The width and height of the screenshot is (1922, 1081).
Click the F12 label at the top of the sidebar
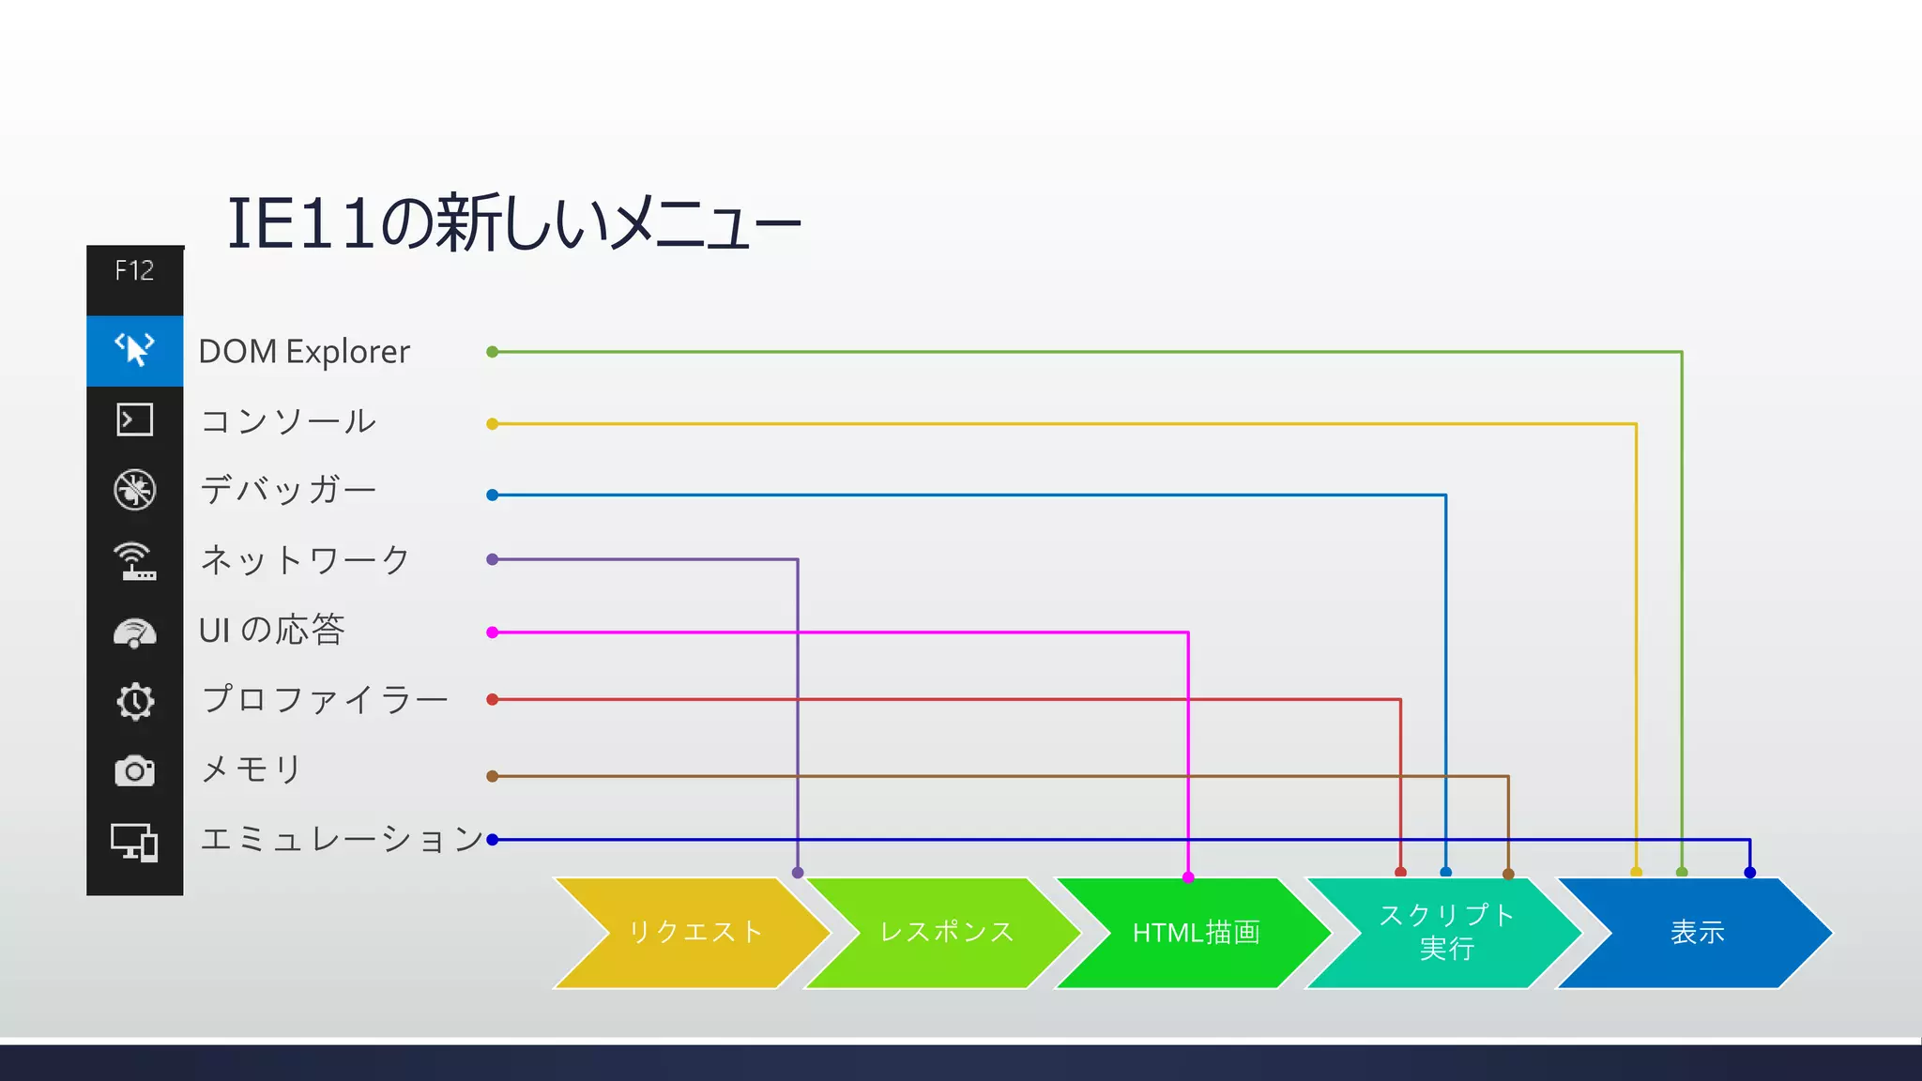[x=134, y=271]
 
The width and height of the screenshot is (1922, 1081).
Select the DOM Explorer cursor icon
[x=134, y=349]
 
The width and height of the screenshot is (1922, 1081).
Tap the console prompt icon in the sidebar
[x=134, y=419]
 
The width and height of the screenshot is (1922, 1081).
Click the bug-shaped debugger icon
[x=134, y=490]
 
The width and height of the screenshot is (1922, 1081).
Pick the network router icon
[x=134, y=561]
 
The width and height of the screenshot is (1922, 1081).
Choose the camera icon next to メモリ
[x=134, y=771]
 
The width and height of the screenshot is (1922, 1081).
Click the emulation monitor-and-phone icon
[x=134, y=842]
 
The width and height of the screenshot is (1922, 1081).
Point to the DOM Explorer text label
[x=304, y=352]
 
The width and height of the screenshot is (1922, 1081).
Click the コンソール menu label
[x=288, y=421]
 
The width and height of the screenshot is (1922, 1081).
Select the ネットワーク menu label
[x=305, y=560]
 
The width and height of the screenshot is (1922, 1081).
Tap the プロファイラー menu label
[x=325, y=700]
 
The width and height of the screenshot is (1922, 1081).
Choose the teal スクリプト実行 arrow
[x=1445, y=933]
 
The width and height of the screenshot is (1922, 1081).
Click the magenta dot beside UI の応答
[x=493, y=632]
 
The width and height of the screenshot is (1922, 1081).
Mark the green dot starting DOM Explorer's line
[x=493, y=352]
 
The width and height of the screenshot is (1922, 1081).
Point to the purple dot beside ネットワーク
[x=493, y=559]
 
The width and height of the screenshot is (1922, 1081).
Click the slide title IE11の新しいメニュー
[x=514, y=223]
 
